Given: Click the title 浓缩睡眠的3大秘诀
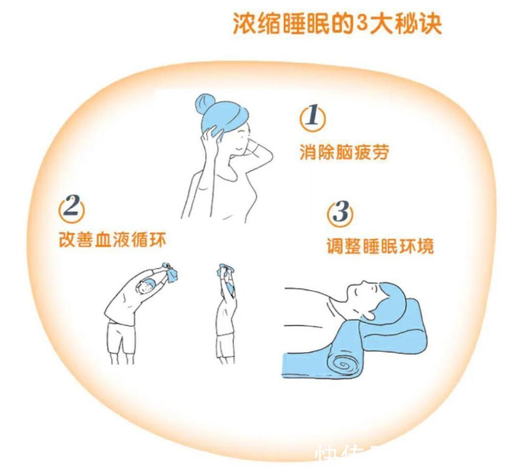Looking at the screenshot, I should (337, 24).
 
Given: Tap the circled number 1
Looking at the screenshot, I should (312, 118).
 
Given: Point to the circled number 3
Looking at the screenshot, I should (340, 212).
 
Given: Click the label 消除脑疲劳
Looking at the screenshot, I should (344, 152).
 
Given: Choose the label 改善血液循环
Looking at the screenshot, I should (113, 239).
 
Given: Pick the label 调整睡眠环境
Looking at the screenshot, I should (380, 246).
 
